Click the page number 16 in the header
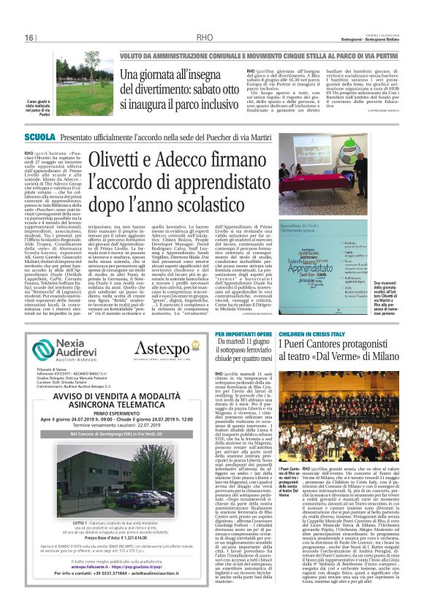29,37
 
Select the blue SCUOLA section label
39,137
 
